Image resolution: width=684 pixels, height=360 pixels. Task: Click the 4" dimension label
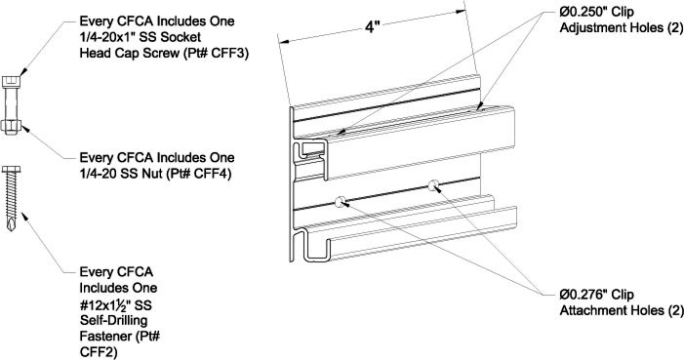click(x=371, y=27)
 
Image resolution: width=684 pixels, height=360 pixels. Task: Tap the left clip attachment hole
click(x=340, y=201)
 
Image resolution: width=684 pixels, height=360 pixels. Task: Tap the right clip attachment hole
click(x=433, y=185)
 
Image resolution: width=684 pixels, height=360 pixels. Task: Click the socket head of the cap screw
click(x=11, y=82)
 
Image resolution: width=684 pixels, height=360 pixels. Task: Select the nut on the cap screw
click(x=11, y=127)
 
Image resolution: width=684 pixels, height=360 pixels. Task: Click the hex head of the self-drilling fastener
click(x=11, y=169)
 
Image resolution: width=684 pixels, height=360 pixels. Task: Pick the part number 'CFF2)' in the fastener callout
click(x=99, y=352)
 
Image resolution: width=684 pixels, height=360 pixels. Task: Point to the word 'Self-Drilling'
click(x=114, y=321)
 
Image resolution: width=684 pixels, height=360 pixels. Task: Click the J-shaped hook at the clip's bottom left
click(x=312, y=248)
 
